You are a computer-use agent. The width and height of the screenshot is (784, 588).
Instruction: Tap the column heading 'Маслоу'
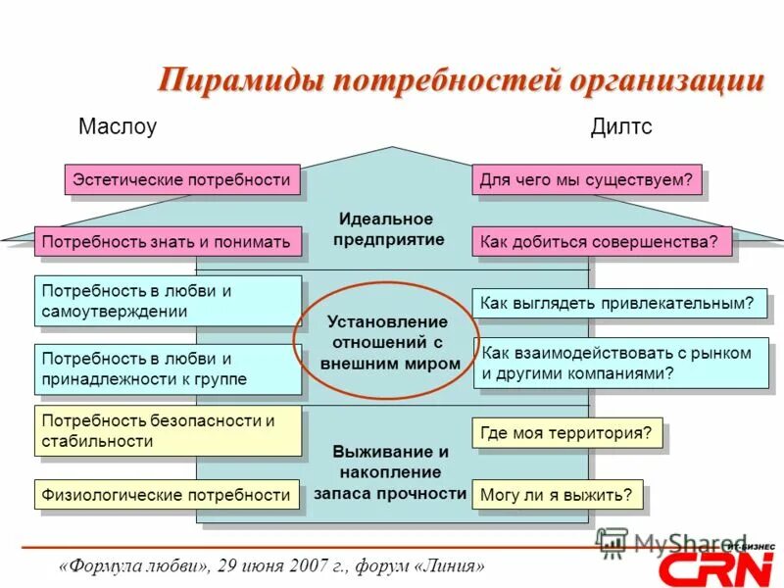(117, 127)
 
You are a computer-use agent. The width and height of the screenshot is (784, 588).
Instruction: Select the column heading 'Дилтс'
(621, 127)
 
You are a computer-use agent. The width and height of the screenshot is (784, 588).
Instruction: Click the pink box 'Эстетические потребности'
(182, 179)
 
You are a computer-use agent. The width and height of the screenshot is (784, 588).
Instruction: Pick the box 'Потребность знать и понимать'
(167, 241)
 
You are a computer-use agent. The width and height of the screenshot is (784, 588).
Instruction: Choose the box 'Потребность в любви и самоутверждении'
(168, 301)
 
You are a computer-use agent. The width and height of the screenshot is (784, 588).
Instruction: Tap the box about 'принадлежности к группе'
(168, 368)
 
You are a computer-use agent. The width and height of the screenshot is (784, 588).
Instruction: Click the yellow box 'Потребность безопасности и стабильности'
(168, 430)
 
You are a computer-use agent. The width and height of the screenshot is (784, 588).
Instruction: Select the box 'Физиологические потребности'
(167, 495)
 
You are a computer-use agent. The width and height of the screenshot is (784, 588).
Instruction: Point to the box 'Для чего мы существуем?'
(587, 179)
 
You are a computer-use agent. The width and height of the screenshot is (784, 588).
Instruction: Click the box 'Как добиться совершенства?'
(602, 241)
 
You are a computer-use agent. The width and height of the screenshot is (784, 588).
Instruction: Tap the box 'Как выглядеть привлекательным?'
(618, 303)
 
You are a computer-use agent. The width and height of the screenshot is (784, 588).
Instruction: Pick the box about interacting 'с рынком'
(620, 363)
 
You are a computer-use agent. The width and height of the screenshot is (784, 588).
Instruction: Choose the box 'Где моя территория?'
(567, 432)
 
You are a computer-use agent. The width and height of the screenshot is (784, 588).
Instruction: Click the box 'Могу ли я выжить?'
(558, 495)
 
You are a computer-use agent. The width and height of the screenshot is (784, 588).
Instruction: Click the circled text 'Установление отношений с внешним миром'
(389, 342)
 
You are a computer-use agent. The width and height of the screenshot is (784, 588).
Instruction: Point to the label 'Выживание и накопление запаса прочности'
(390, 472)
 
